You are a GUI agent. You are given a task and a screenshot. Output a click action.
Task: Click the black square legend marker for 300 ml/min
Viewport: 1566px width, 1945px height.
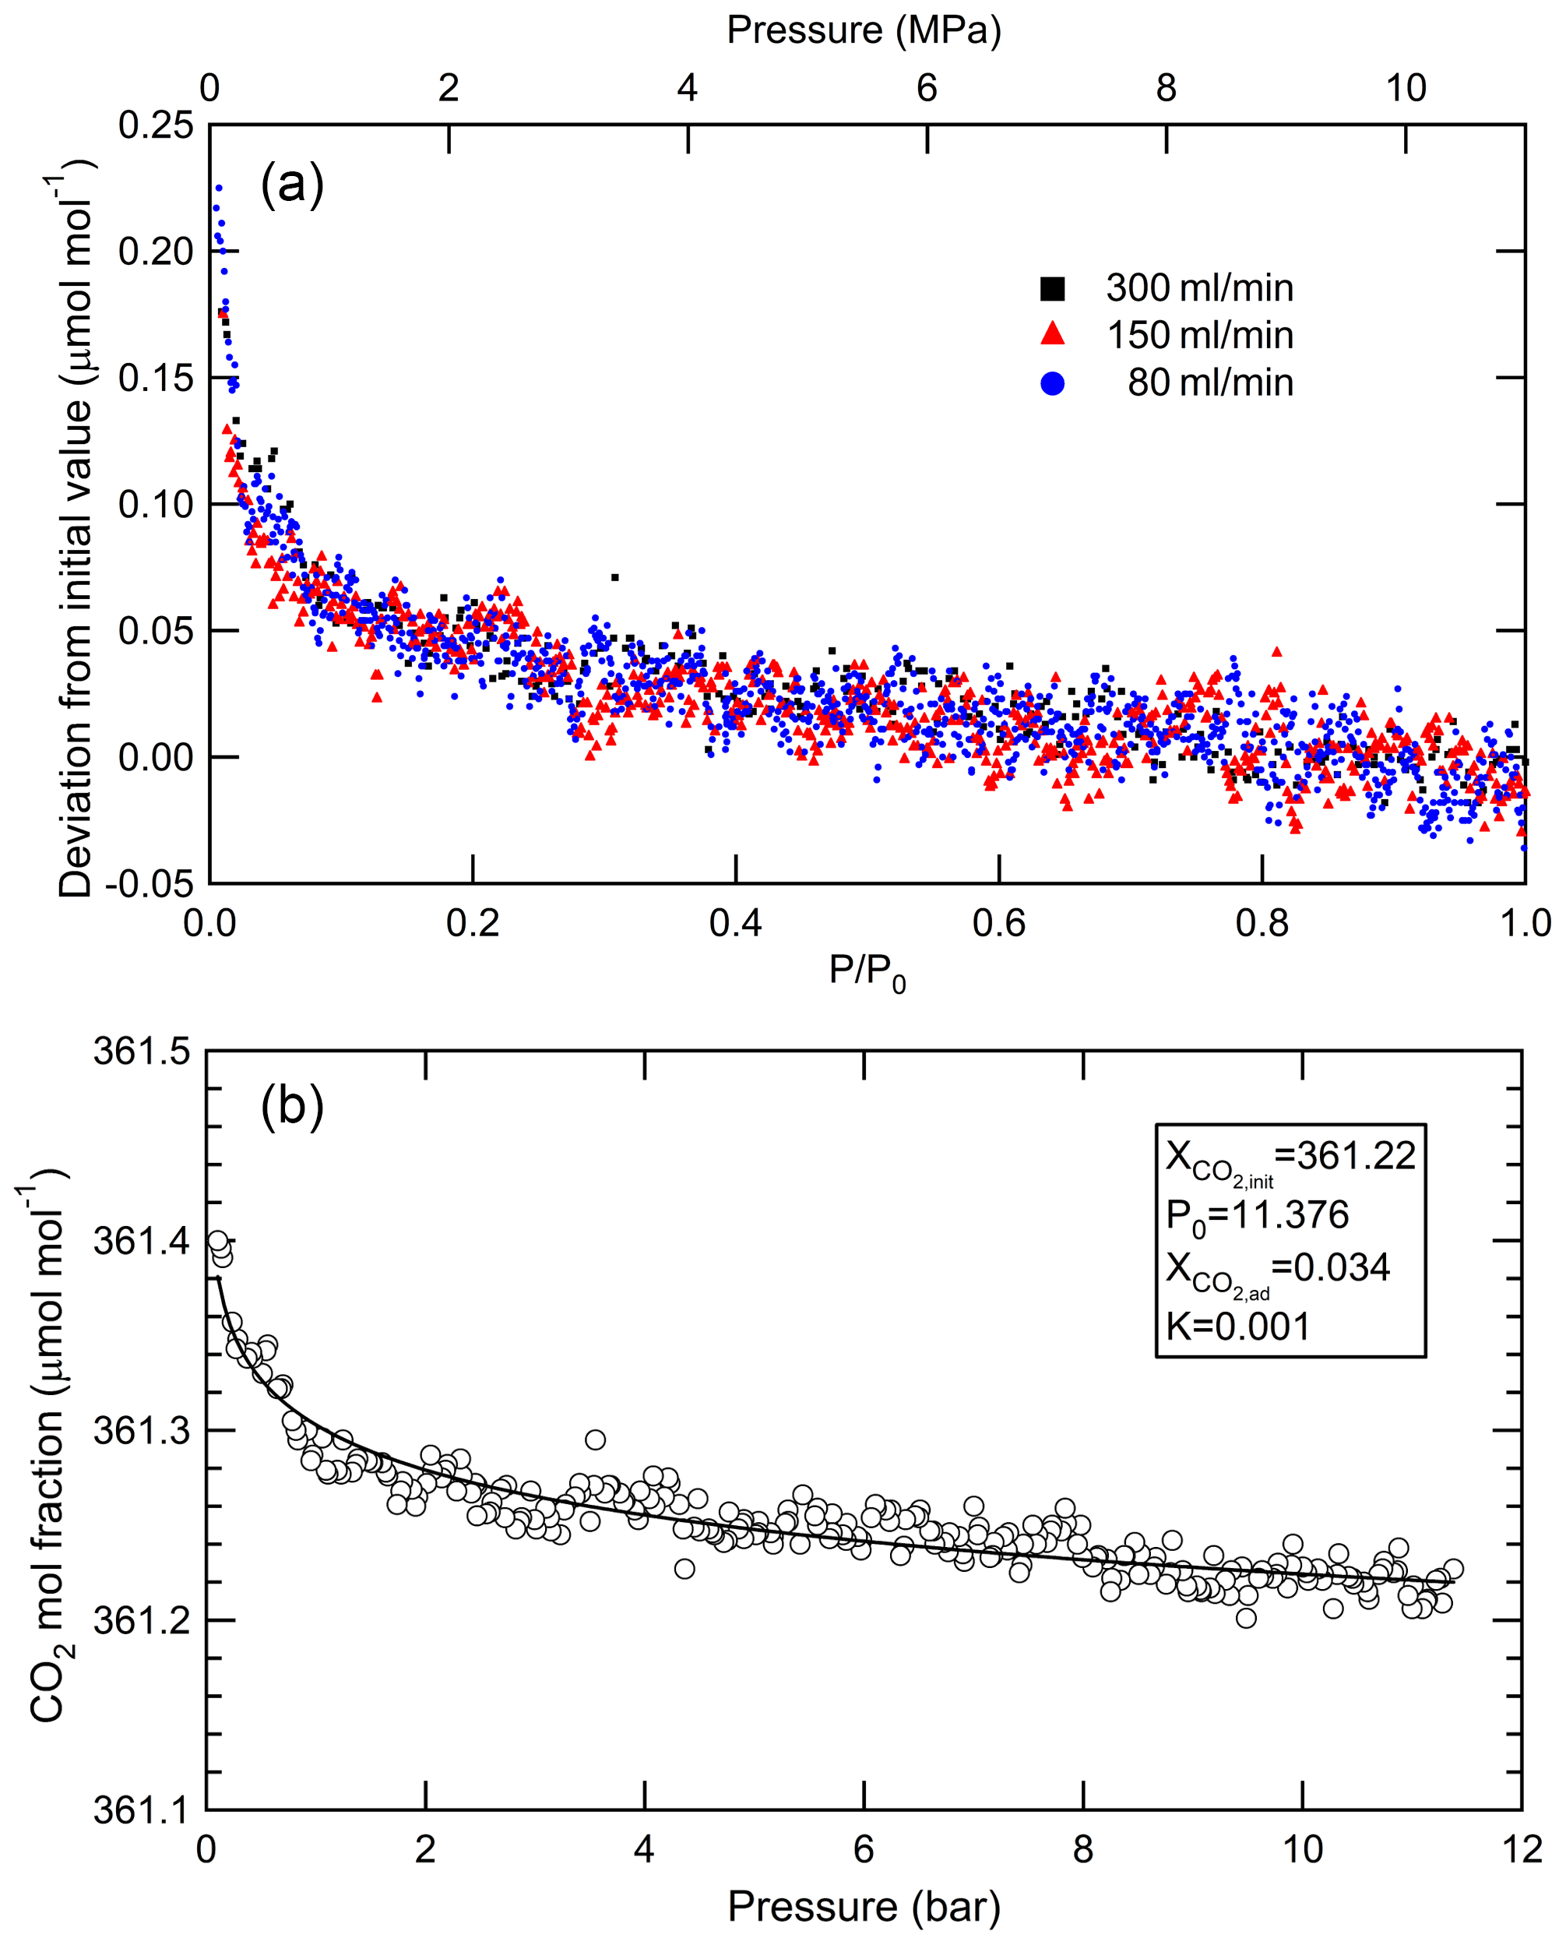point(1052,289)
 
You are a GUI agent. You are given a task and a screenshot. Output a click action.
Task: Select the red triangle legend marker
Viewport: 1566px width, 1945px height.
point(1052,335)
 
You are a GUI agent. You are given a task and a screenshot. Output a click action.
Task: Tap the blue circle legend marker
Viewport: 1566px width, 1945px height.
point(1052,383)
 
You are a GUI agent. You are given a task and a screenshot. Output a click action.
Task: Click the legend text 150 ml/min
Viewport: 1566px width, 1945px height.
point(1199,336)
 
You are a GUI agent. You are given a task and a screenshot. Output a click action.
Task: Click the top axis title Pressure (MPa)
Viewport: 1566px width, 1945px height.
point(864,30)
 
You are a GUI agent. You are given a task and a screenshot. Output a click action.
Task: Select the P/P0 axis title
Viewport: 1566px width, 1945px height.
point(866,971)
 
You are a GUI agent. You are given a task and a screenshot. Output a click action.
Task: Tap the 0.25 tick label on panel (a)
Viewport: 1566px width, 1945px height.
point(155,126)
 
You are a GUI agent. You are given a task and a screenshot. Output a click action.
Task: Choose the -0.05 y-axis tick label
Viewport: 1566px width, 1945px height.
point(149,884)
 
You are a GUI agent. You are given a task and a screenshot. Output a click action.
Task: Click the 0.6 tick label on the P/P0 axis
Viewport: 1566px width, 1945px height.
point(998,924)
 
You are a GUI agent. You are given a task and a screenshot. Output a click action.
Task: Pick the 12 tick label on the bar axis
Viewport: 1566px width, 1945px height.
point(1522,1850)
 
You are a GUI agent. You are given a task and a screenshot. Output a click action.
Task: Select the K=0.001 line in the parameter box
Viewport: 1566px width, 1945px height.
point(1237,1327)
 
